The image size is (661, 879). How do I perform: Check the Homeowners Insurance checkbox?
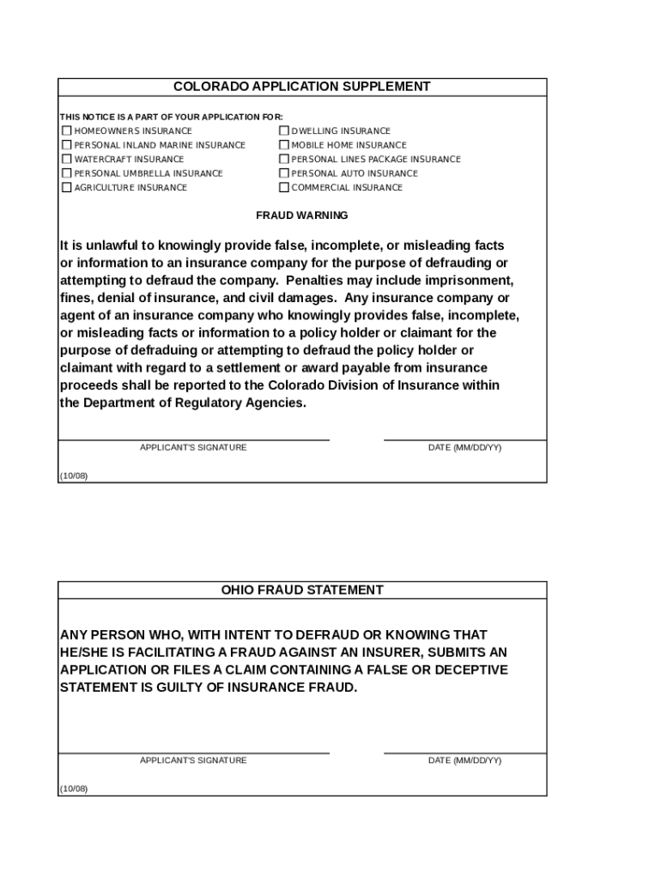pos(66,131)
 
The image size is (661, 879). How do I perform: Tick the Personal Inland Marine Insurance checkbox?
pos(66,145)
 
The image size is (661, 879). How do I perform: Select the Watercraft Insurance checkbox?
pos(66,159)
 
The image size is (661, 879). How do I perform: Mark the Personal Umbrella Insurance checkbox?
pos(66,173)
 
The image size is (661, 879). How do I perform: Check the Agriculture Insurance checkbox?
pos(66,187)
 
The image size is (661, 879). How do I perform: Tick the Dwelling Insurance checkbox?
pos(284,131)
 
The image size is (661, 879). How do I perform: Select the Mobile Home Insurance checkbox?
pos(284,145)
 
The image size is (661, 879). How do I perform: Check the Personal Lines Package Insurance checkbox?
pos(284,159)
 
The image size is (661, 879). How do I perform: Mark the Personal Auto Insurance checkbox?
pos(284,173)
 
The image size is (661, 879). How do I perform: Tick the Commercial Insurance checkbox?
pos(284,187)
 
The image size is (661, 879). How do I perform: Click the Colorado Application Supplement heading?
pos(301,87)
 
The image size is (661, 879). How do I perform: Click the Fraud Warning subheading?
pos(301,215)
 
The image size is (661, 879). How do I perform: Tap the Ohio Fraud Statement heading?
pos(301,590)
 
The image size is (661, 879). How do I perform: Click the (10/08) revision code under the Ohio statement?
pos(73,788)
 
